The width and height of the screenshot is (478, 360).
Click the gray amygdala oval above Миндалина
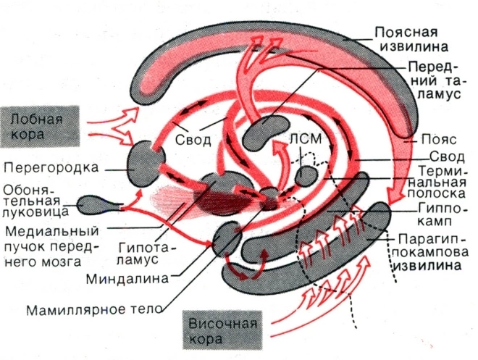coord(226,237)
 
